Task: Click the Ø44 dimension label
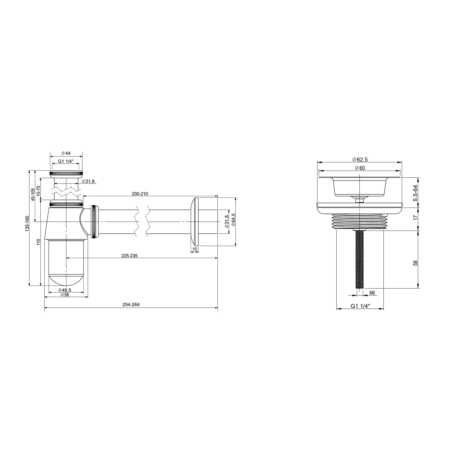click(x=66, y=153)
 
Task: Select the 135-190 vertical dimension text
click(x=27, y=224)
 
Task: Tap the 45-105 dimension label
click(x=33, y=195)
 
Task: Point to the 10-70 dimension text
click(x=38, y=191)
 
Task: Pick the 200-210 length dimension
click(x=140, y=194)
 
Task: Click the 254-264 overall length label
click(x=131, y=305)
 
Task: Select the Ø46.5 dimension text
click(x=65, y=290)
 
